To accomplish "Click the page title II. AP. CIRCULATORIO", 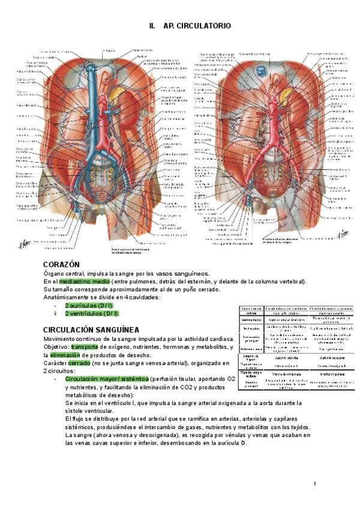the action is pos(189,26).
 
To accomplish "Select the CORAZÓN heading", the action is pos(61,264).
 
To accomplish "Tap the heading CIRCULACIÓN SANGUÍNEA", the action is pos(91,330).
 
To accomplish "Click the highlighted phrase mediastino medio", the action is pos(84,282).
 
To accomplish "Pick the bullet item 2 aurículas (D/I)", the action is pos(89,306).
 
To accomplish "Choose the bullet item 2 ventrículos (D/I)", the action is pos(92,313).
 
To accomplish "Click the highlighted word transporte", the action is pos(88,347).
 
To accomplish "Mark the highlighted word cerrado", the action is pos(79,363).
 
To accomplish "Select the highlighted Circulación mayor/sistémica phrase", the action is pos(107,379).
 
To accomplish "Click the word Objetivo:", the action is pos(56,347).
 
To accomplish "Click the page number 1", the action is pos(314,484).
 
